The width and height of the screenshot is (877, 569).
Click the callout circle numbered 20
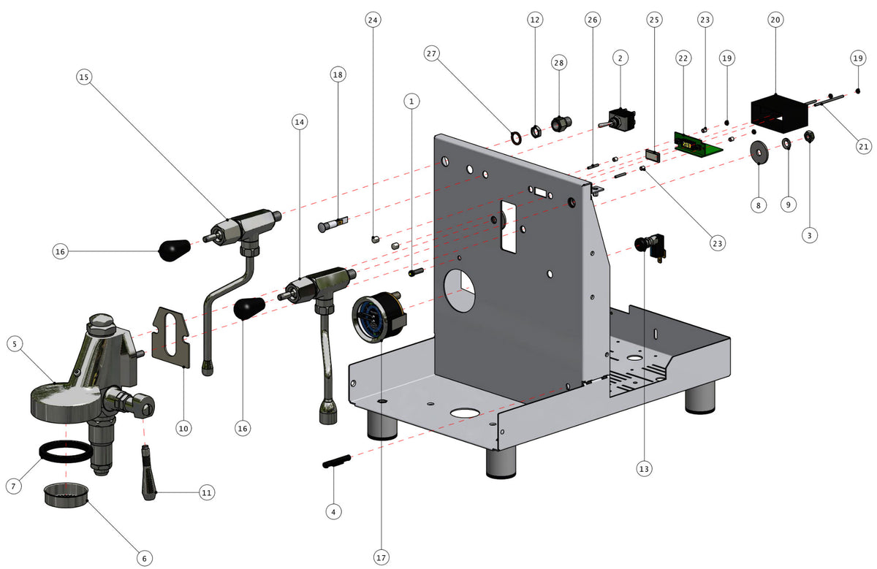(775, 20)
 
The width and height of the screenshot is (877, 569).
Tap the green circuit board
(698, 145)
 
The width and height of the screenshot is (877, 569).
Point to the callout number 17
(380, 557)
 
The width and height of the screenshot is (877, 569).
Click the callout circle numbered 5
(16, 343)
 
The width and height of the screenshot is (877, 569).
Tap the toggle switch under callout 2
(620, 120)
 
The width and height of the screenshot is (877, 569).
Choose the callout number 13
(643, 467)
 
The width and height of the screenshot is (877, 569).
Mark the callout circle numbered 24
(373, 20)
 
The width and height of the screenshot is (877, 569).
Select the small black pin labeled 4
(337, 461)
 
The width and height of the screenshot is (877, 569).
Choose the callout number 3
(810, 234)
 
